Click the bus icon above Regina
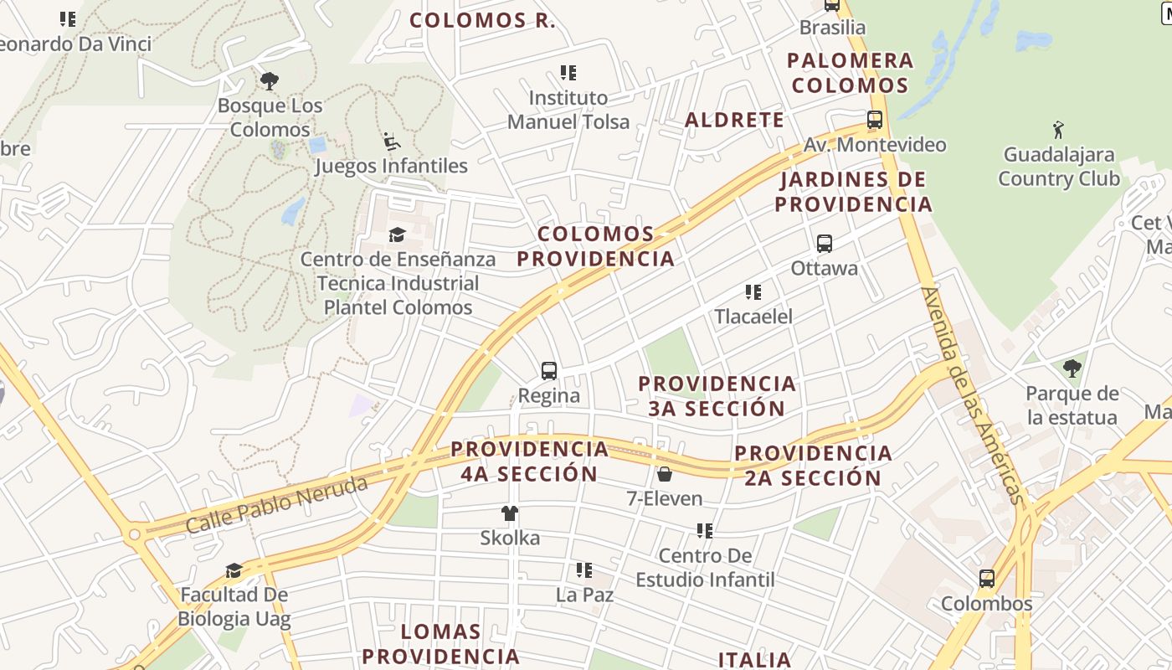point(549,370)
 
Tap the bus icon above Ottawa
point(825,244)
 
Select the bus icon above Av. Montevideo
point(875,120)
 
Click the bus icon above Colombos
point(987,579)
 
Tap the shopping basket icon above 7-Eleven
point(665,474)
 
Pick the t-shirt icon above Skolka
point(510,513)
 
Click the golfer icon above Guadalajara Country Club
point(1059,130)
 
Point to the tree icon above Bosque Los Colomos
point(269,81)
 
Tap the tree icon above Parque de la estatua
point(1072,368)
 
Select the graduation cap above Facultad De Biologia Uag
point(234,570)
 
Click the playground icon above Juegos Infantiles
point(391,141)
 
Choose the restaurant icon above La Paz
point(584,570)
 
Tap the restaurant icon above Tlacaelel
point(753,292)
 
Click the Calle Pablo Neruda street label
point(276,504)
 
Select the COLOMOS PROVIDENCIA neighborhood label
point(595,246)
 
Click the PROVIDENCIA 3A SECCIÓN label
point(717,396)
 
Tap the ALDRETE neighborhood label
point(734,120)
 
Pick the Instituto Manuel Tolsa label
point(568,110)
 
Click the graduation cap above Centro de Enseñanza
point(398,234)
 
